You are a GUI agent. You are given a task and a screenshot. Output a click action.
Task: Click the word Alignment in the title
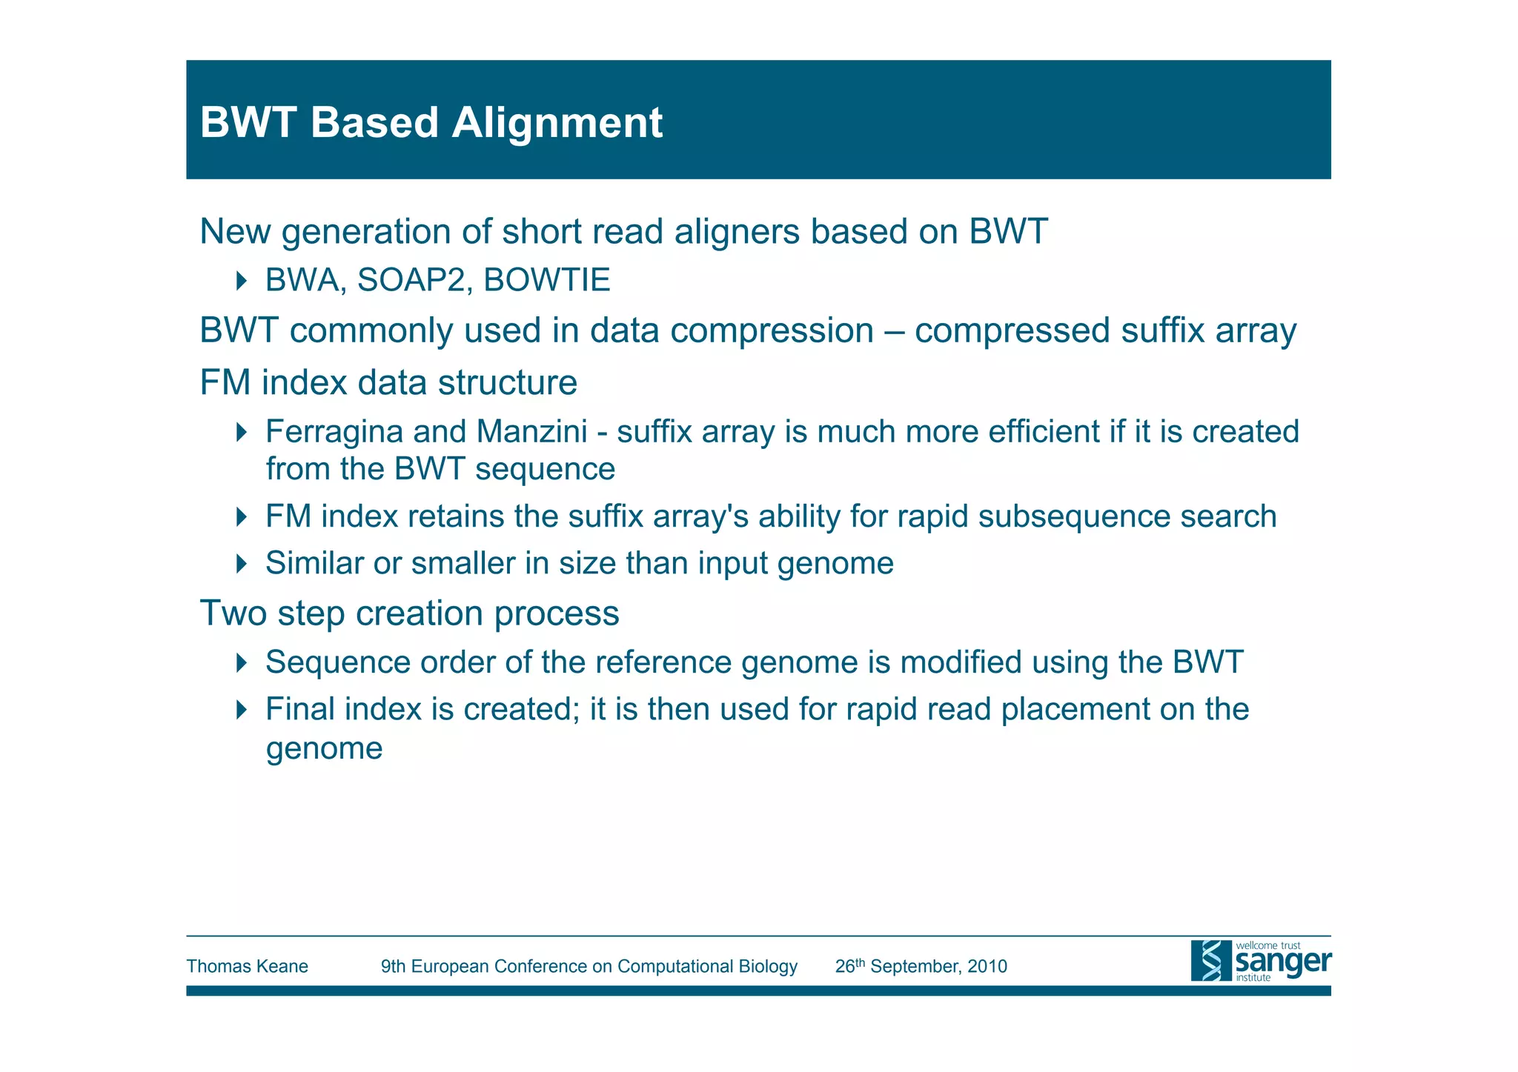557,123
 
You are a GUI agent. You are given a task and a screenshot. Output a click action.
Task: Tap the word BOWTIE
546,280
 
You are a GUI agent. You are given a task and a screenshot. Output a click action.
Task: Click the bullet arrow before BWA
241,281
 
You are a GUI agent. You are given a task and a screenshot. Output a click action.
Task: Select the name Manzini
531,432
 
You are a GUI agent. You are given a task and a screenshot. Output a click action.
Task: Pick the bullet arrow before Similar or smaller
241,564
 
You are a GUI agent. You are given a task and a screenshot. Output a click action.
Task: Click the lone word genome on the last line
324,748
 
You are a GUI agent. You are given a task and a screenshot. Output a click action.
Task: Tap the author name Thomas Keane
247,967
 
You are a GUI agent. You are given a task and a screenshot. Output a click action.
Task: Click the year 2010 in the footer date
987,967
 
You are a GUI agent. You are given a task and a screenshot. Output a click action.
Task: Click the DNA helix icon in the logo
1211,961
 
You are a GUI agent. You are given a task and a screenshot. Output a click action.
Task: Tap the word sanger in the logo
1283,962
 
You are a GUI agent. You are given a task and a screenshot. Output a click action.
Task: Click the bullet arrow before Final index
241,710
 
